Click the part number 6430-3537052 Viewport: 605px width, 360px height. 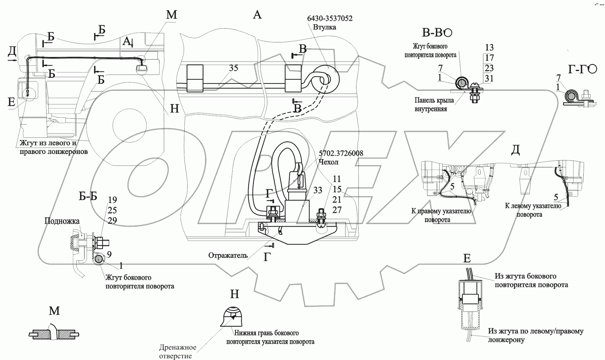click(330, 18)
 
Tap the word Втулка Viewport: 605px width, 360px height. click(324, 27)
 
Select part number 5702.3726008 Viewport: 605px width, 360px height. click(341, 153)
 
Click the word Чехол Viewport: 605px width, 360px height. click(328, 162)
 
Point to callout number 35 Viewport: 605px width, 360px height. click(233, 68)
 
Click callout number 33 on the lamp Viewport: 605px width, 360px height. click(318, 191)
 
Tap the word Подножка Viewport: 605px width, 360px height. click(62, 221)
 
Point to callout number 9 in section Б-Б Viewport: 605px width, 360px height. click(109, 255)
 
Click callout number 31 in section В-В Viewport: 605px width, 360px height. click(489, 78)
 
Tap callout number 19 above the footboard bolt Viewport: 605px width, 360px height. click(112, 200)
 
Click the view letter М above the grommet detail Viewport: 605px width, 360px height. click(54, 311)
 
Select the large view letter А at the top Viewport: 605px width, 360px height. click(257, 14)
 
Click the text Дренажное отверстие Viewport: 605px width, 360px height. click(177, 352)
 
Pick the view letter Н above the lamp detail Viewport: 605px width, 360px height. click(235, 294)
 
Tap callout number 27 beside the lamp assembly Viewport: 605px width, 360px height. click(337, 210)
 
